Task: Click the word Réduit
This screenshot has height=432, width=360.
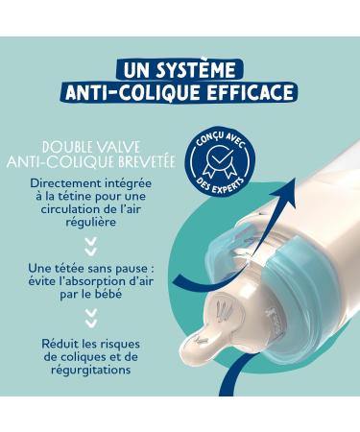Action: click(61, 343)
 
